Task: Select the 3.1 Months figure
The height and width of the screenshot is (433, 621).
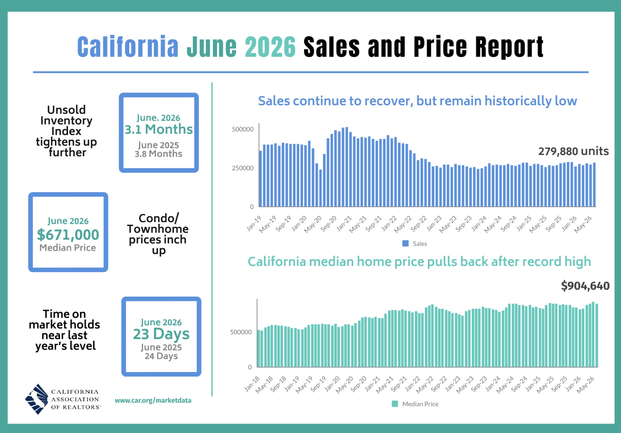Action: [x=159, y=129]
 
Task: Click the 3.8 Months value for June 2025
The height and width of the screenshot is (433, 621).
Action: [x=158, y=154]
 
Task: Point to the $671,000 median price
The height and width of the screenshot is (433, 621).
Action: [x=68, y=235]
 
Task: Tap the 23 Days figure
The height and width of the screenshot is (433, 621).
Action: [x=161, y=334]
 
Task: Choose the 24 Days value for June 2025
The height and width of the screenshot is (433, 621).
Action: [x=161, y=356]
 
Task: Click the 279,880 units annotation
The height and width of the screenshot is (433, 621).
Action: [x=573, y=151]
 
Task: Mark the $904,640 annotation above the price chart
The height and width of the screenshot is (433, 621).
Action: [x=585, y=286]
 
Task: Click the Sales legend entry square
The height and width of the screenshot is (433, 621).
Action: [x=406, y=244]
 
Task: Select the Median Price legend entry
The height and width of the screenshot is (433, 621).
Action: [x=415, y=404]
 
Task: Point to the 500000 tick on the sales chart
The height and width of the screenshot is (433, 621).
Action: [x=243, y=129]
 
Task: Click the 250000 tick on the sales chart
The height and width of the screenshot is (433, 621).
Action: [x=243, y=168]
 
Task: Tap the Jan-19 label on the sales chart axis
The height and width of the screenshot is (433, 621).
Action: [x=254, y=223]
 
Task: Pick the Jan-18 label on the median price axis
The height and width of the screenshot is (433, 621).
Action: [x=252, y=384]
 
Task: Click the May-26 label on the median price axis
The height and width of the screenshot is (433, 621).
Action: [x=586, y=385]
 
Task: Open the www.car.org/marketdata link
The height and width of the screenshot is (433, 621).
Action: [x=153, y=400]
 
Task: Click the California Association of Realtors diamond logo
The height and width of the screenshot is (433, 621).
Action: [x=37, y=399]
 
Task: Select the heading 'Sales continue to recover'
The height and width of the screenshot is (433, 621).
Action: [x=418, y=101]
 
